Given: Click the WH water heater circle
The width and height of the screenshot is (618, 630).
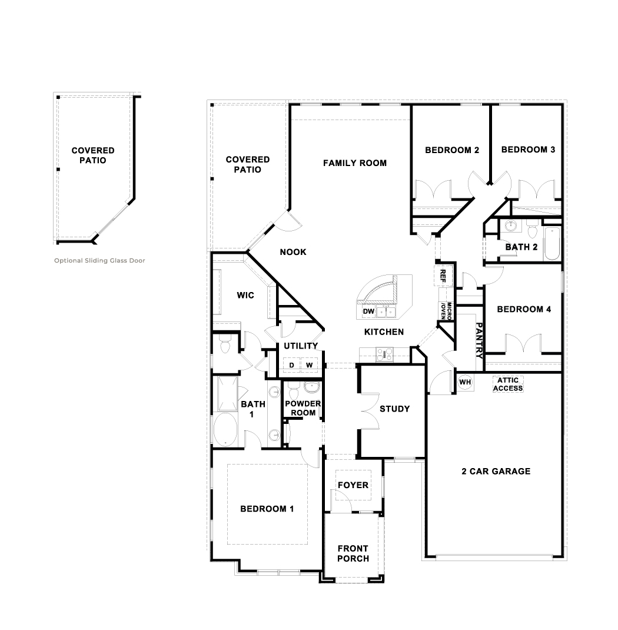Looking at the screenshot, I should (x=465, y=382).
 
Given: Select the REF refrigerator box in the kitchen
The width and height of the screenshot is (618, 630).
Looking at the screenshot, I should (x=443, y=275).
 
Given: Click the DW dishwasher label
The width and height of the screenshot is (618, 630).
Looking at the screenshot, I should (x=368, y=311).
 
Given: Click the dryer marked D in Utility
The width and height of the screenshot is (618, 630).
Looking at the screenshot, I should (x=291, y=365).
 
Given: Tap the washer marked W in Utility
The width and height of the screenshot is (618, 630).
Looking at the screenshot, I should (x=309, y=365).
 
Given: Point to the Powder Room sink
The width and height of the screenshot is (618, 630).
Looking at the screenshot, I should (x=311, y=387).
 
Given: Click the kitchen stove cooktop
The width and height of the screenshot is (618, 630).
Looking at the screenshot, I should (x=385, y=354).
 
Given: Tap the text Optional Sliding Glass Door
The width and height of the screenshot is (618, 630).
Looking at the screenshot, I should (x=99, y=260).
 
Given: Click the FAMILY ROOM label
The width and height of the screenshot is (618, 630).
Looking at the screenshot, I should (x=355, y=163).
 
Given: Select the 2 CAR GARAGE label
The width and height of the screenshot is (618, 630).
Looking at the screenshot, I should (x=496, y=471).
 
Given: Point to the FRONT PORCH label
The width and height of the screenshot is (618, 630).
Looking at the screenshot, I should (x=353, y=553).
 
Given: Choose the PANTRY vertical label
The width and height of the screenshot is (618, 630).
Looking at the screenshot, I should (x=480, y=341).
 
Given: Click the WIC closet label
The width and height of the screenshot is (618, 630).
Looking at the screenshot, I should (x=245, y=295).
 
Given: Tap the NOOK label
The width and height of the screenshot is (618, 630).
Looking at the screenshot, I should (x=293, y=252).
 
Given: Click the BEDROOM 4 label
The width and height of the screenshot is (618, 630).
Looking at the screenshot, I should (x=524, y=309).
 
